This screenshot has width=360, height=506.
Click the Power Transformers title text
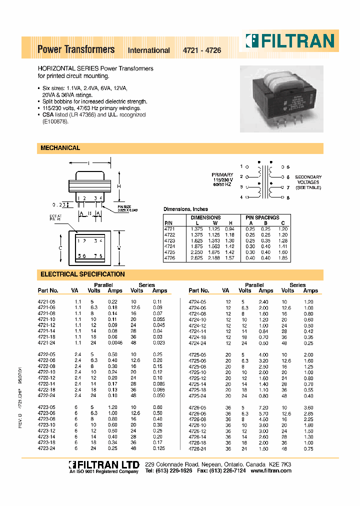tap(76, 49)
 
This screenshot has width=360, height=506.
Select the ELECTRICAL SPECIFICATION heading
tap(82, 274)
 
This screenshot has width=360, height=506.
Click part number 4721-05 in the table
tap(46, 302)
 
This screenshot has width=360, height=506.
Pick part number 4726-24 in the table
tap(197, 448)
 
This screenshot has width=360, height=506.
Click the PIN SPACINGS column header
tap(262, 217)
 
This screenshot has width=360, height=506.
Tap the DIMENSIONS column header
tap(205, 217)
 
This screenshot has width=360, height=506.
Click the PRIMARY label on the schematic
tap(222, 175)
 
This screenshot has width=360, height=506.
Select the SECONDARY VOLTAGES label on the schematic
tap(308, 182)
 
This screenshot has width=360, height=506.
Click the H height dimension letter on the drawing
tap(119, 186)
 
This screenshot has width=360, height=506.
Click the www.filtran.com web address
tap(270, 471)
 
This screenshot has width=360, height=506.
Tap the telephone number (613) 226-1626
tap(174, 471)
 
